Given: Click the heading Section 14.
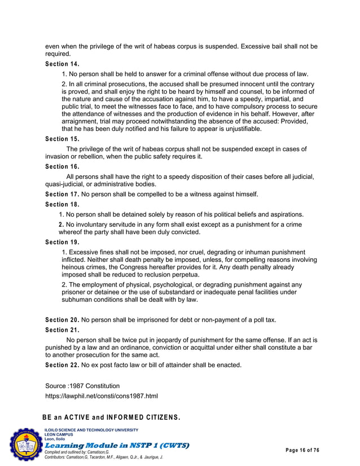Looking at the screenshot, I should (x=62, y=64).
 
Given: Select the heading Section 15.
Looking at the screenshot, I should (x=62, y=139).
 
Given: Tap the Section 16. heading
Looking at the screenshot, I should (x=62, y=166).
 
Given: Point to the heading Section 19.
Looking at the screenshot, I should (x=62, y=242).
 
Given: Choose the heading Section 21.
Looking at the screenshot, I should (x=62, y=330).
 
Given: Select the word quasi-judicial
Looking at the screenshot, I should (x=68, y=184).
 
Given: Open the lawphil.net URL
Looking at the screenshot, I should (x=102, y=397).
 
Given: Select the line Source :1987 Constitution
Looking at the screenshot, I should (x=82, y=386).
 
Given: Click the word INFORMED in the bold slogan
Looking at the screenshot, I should (x=142, y=418).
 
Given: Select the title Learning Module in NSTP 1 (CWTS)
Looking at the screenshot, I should (x=116, y=445).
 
